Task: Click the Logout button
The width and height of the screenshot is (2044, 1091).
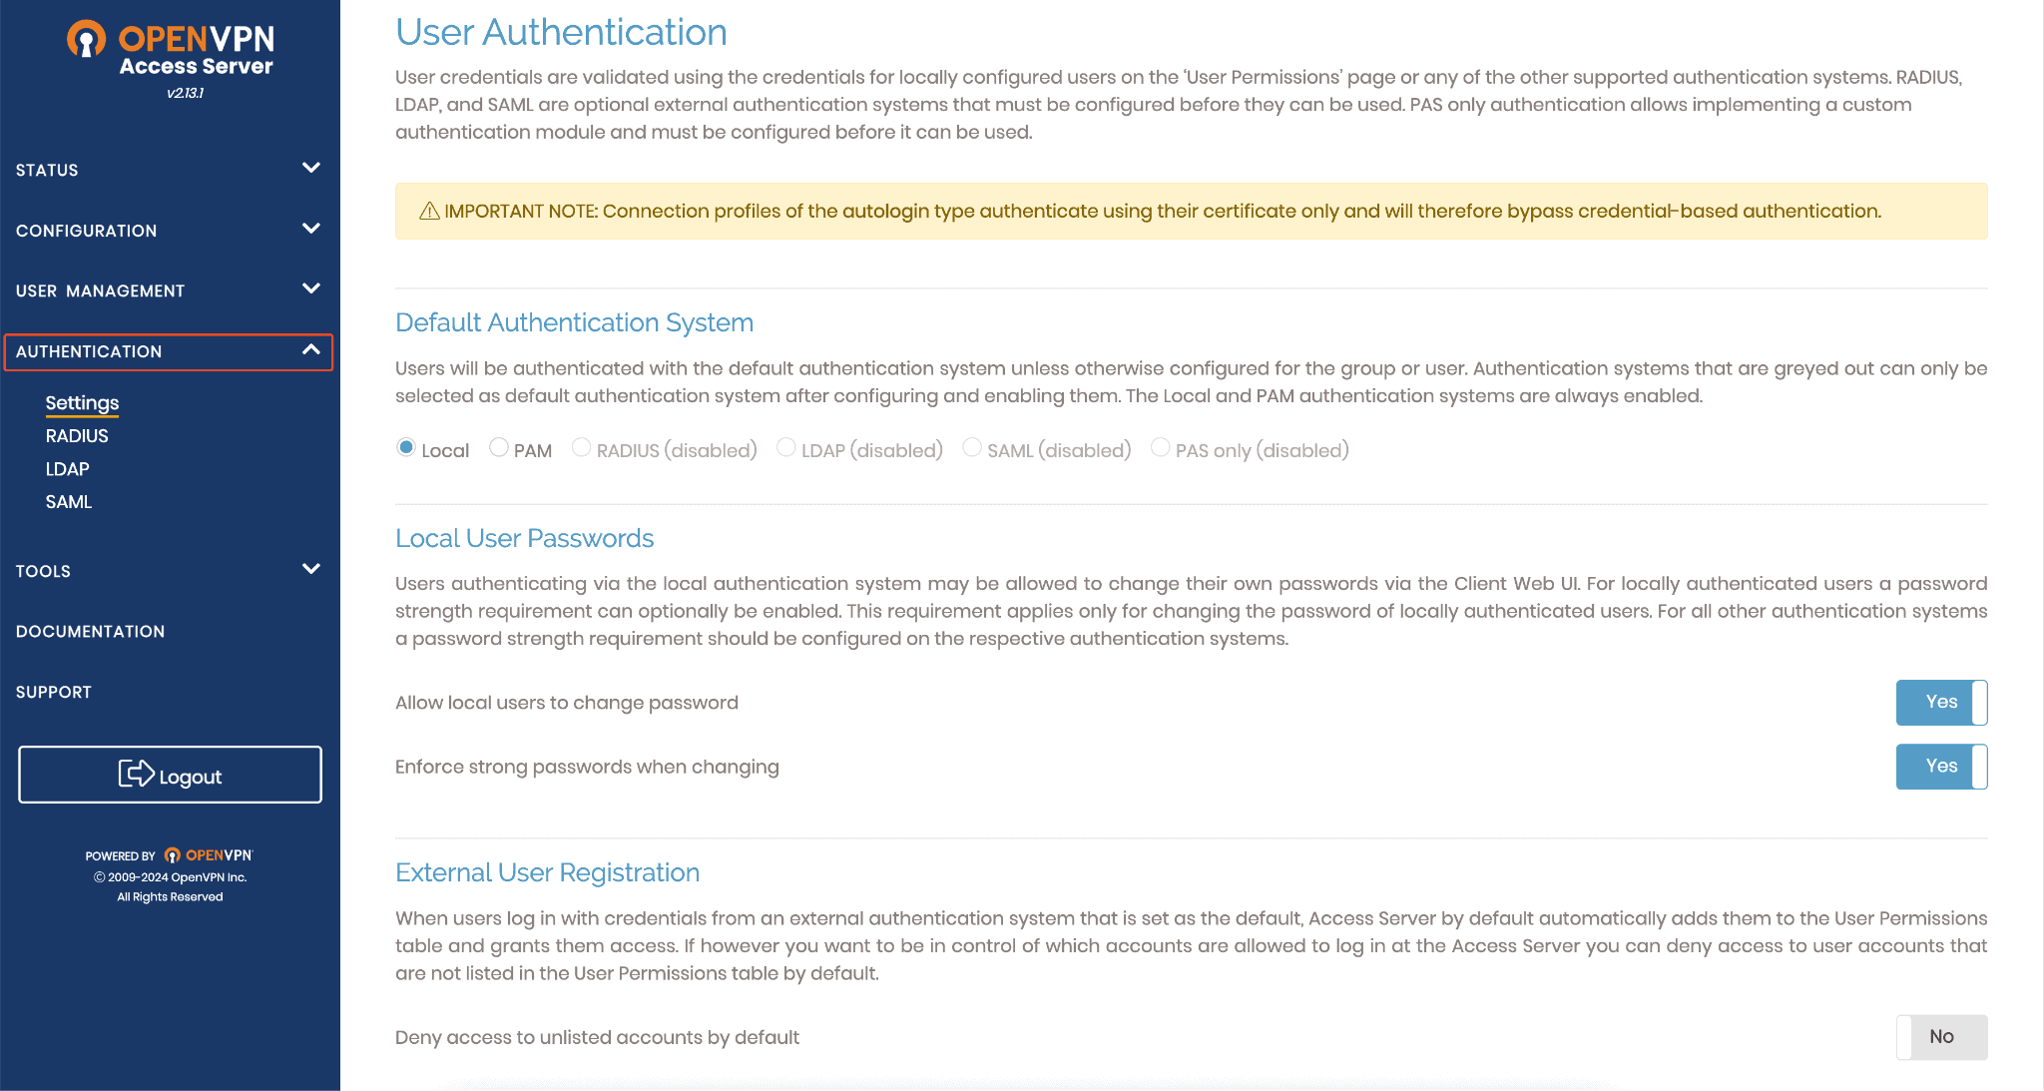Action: click(x=170, y=775)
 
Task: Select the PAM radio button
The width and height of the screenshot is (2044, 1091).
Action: click(x=499, y=448)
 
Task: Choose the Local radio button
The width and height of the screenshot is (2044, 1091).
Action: click(x=406, y=447)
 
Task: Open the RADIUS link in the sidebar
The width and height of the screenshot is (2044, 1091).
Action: click(x=77, y=436)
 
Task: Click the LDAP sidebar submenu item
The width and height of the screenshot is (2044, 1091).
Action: click(x=67, y=469)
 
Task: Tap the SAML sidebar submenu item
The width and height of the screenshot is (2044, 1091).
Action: click(x=68, y=502)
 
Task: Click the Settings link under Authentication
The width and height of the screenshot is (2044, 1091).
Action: click(x=82, y=403)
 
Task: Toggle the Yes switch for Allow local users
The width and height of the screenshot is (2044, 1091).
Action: click(x=1941, y=703)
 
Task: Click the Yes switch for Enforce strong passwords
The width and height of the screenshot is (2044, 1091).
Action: click(x=1941, y=767)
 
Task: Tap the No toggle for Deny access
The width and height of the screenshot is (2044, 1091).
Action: click(x=1941, y=1037)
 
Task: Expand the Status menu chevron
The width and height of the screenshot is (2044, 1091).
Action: click(x=311, y=168)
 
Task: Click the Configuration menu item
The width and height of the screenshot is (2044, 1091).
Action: click(x=87, y=231)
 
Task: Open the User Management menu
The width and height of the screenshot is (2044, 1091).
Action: click(x=100, y=291)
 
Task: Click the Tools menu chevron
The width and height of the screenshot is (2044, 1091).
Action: click(x=311, y=569)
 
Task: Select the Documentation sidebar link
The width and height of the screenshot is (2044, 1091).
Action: click(x=90, y=632)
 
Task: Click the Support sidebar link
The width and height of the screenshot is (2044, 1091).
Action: click(x=54, y=693)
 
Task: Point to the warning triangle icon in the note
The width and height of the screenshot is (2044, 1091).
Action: click(x=429, y=211)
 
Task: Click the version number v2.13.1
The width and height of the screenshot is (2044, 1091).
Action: click(x=186, y=93)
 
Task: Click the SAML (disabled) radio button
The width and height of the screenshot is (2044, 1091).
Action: click(x=972, y=448)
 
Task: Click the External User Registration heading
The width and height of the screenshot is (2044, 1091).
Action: click(x=547, y=872)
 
